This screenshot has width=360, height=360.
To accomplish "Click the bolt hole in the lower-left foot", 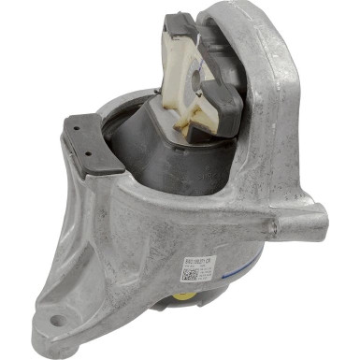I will click(x=58, y=321).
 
